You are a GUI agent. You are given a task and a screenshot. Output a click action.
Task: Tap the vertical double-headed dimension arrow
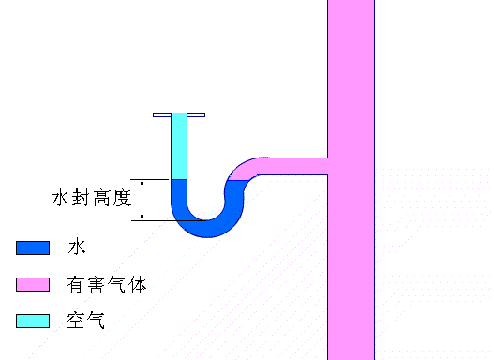click(142, 199)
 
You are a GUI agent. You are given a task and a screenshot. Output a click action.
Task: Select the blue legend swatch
click(32, 248)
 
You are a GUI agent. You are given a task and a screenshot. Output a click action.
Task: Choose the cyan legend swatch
click(32, 321)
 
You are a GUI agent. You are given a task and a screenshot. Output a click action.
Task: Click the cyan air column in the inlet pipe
click(179, 148)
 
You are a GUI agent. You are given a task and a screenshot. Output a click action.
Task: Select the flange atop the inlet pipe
click(179, 116)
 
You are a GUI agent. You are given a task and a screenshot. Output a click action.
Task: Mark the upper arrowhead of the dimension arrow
click(142, 182)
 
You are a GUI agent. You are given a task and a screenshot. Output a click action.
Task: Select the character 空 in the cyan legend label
click(75, 321)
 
